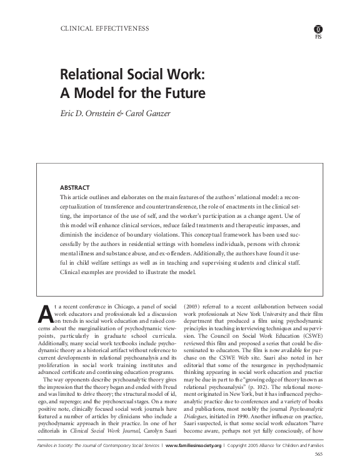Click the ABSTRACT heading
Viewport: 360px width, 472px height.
74,187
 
